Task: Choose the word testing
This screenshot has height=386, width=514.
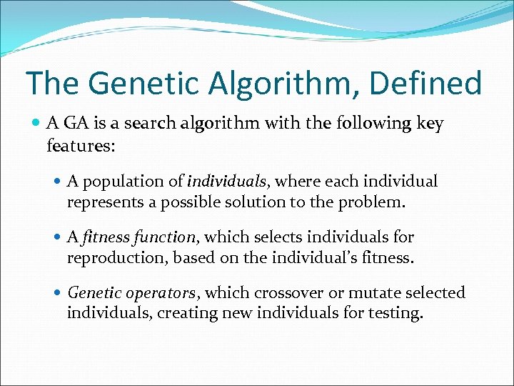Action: coord(395,312)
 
